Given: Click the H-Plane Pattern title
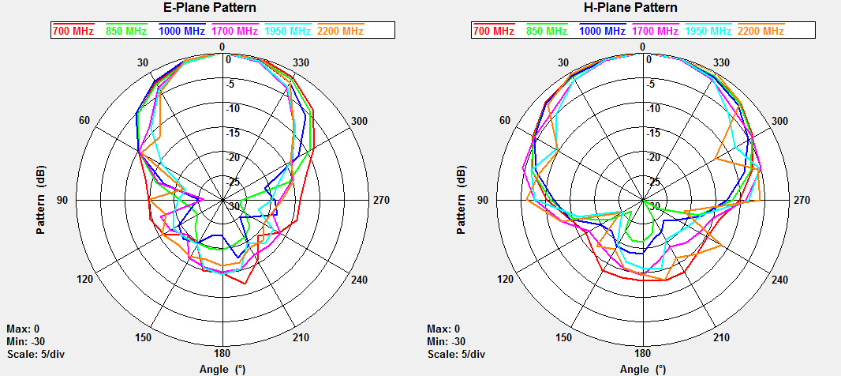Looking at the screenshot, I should [644, 8].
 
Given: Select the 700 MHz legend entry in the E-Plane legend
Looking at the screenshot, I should [73, 31].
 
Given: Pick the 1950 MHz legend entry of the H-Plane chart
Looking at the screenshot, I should [707, 31].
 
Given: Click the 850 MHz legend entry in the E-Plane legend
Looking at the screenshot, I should [125, 31].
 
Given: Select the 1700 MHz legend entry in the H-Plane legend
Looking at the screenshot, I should [653, 31].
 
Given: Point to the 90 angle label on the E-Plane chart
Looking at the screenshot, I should [62, 200].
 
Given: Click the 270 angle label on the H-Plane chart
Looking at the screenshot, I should [802, 200].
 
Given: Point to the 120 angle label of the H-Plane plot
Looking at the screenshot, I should [506, 280].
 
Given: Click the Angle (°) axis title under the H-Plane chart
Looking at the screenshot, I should [643, 370].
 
